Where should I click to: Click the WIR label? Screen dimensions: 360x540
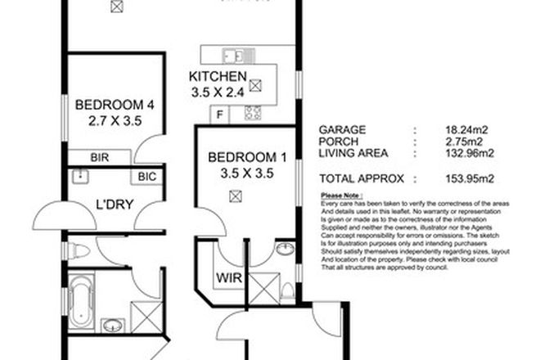coord(226,277)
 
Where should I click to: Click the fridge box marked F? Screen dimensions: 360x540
coord(219,115)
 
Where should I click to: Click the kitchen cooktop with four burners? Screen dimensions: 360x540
coord(254,114)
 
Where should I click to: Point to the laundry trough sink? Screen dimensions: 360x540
coord(81,176)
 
